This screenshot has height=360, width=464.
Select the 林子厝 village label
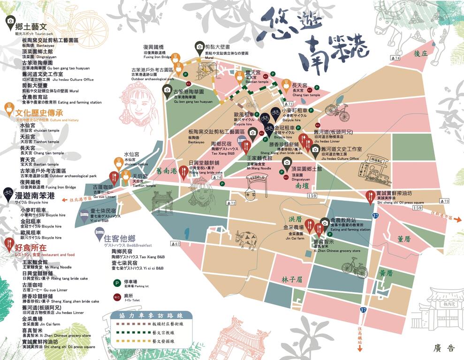pos(292,279)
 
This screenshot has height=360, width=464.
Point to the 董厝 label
pos(404,239)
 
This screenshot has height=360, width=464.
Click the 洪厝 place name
pos(295,219)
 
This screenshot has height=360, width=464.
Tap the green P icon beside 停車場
pos(115,283)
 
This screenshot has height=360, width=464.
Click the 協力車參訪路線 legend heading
pos(143,315)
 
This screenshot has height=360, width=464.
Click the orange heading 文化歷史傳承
pos(39,113)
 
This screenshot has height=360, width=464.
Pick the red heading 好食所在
pos(30,247)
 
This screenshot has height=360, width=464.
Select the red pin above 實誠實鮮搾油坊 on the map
pos(370,195)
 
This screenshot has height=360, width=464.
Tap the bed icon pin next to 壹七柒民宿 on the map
pos(84,216)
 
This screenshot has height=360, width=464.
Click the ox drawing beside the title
pos(408,28)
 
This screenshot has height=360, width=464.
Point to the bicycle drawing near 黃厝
pos(354,268)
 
